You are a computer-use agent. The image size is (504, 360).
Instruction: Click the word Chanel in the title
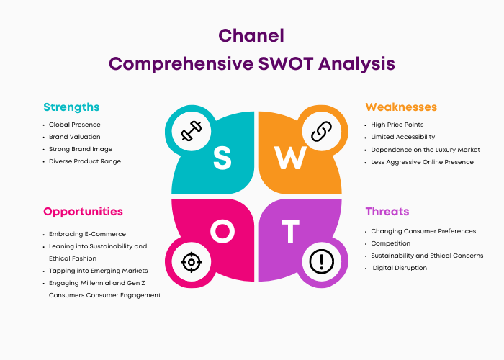click(251, 36)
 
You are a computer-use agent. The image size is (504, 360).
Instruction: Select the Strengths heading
click(71, 107)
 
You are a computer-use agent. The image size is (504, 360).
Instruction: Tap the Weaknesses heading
click(401, 107)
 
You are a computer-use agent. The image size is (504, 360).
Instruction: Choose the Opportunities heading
click(83, 212)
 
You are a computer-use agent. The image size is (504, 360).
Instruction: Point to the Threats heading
click(387, 212)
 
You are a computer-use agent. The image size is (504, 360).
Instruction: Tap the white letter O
click(222, 232)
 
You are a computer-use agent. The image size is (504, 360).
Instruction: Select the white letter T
click(289, 232)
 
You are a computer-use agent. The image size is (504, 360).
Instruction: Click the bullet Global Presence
click(74, 125)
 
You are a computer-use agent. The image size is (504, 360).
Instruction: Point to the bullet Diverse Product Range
click(85, 161)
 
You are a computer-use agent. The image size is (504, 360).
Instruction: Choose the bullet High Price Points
click(397, 125)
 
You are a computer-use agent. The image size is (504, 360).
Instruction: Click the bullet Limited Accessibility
click(403, 137)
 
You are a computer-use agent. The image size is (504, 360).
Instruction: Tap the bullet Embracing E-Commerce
click(87, 234)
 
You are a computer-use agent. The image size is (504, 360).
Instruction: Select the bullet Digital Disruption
click(400, 268)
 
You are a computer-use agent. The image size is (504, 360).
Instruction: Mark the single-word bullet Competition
click(392, 243)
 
